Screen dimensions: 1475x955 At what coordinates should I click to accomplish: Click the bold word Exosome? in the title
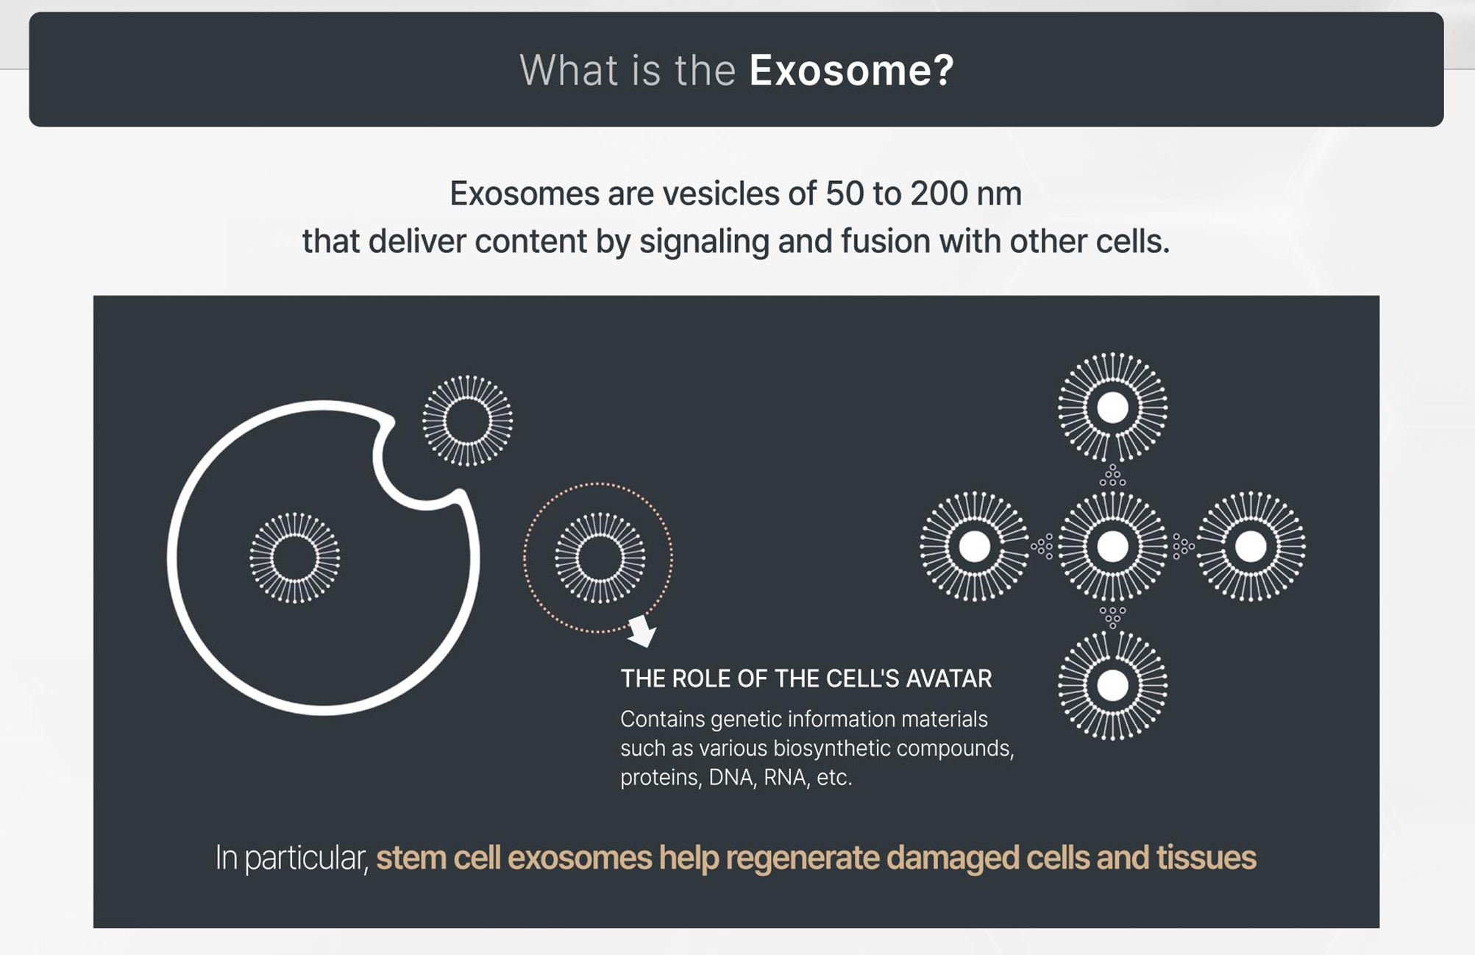851,70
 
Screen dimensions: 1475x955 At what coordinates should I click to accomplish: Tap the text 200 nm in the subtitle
966,194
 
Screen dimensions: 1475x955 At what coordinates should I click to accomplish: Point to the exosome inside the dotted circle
600,558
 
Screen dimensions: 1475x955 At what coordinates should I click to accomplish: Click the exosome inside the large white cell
294,558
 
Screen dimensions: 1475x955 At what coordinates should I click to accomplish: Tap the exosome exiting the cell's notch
467,421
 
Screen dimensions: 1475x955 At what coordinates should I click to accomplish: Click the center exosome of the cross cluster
1112,547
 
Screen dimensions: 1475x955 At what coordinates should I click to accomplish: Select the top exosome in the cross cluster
1112,408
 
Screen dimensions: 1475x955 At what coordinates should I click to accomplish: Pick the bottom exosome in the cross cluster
1112,686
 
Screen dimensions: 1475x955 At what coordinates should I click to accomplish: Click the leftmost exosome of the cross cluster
975,547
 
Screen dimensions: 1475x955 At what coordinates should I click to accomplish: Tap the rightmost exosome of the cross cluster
1251,547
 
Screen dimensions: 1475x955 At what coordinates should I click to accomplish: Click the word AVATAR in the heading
948,678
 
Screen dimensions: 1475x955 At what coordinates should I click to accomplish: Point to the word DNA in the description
731,778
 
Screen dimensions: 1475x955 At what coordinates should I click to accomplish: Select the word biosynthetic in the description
795,749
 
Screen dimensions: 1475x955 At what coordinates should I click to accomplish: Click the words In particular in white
291,858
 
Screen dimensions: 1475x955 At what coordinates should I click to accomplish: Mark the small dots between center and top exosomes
1112,476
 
